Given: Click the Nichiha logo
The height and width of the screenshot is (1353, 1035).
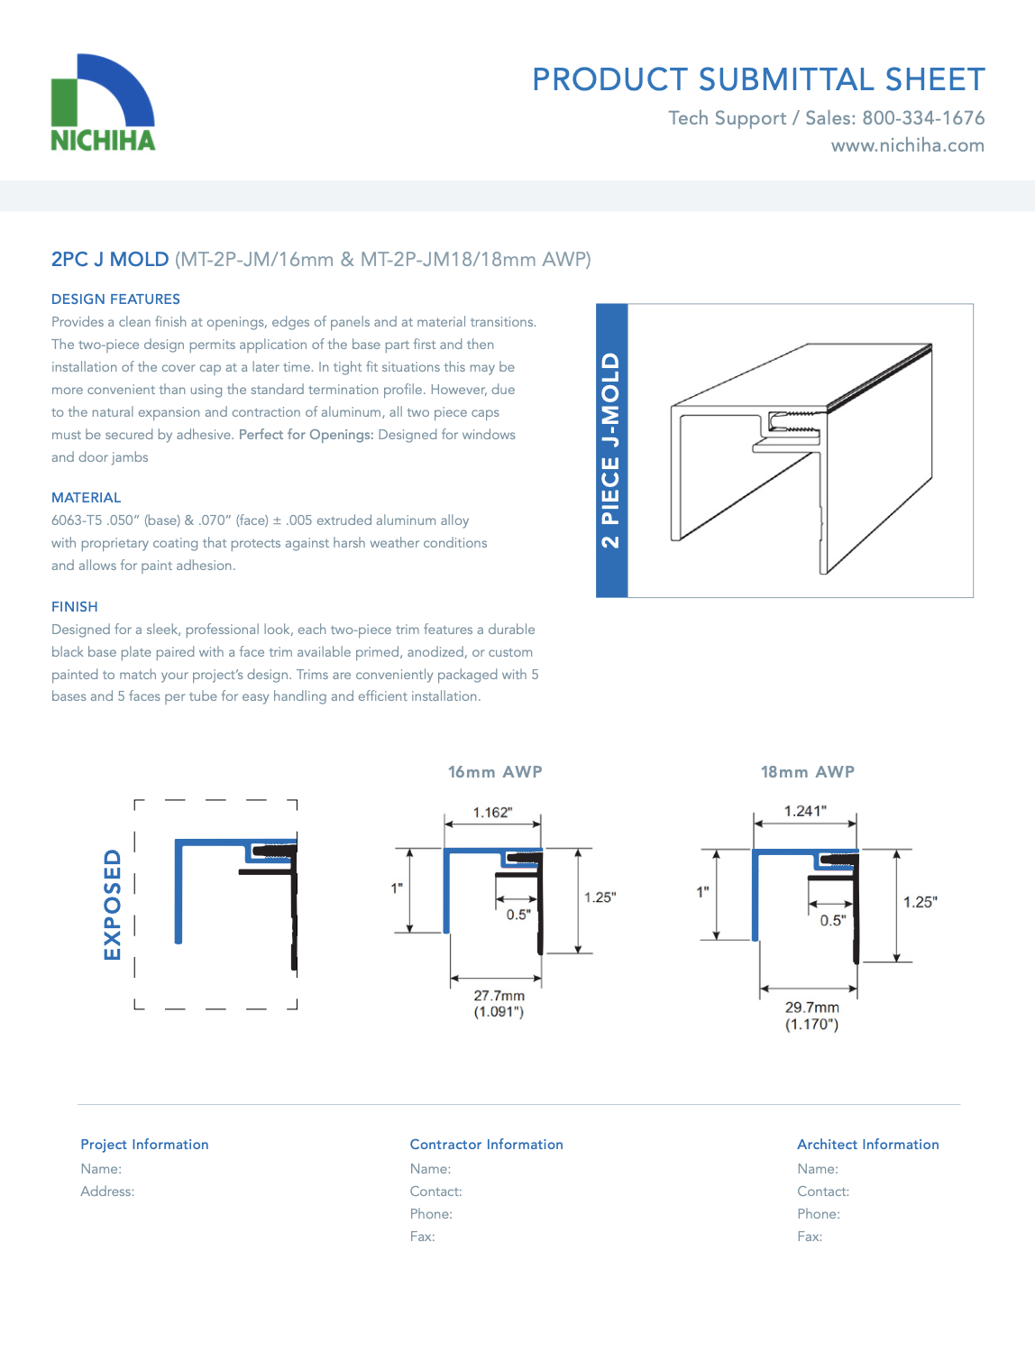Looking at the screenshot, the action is [x=103, y=102].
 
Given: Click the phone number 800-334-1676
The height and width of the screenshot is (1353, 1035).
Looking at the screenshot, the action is [x=923, y=118].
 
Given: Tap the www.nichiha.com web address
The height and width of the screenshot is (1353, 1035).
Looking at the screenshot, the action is [x=908, y=145].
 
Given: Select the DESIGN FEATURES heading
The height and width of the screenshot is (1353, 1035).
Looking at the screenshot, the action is [x=115, y=299].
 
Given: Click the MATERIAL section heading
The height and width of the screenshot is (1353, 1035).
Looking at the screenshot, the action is [x=87, y=497].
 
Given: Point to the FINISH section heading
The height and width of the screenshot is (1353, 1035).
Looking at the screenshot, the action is [x=75, y=606].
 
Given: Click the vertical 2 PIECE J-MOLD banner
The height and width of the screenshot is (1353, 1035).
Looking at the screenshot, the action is [x=612, y=450].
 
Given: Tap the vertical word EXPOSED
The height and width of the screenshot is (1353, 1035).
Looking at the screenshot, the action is [x=112, y=905].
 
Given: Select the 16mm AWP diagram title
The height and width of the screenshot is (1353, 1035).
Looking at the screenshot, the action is [x=495, y=772].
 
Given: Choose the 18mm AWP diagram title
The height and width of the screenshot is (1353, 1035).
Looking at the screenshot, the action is [x=808, y=772].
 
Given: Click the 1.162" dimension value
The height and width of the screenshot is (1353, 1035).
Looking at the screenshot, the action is [x=492, y=813].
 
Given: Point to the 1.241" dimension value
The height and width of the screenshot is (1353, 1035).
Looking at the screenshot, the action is [x=805, y=811].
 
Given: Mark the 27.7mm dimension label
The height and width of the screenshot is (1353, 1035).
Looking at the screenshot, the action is [x=499, y=996].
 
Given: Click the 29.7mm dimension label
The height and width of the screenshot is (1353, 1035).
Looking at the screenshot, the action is [x=812, y=1008].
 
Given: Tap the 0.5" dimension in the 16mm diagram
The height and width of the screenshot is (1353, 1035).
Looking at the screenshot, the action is [x=518, y=915].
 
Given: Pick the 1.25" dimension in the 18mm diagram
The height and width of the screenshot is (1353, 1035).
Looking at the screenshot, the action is [x=920, y=902].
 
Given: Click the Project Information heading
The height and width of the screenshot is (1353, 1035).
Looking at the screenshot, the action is [x=145, y=1144].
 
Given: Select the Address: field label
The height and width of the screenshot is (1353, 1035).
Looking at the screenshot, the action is [x=107, y=1191].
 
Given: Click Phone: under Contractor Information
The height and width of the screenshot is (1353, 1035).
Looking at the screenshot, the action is [x=431, y=1214].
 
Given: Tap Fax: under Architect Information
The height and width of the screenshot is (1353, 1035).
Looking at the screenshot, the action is [x=810, y=1236].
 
